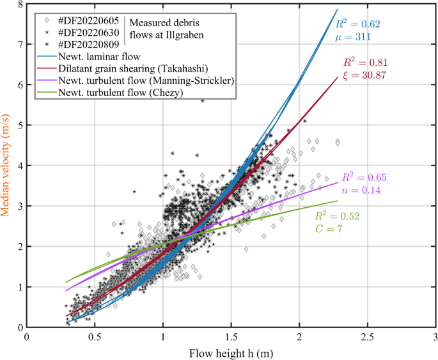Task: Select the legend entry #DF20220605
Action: pyautogui.click(x=84, y=18)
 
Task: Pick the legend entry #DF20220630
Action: pyautogui.click(x=84, y=31)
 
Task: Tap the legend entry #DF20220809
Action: pyautogui.click(x=84, y=43)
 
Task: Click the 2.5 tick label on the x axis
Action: pyautogui.click(x=367, y=336)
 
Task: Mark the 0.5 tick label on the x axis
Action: pyautogui.click(x=95, y=336)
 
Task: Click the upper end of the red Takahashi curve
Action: pyautogui.click(x=338, y=77)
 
